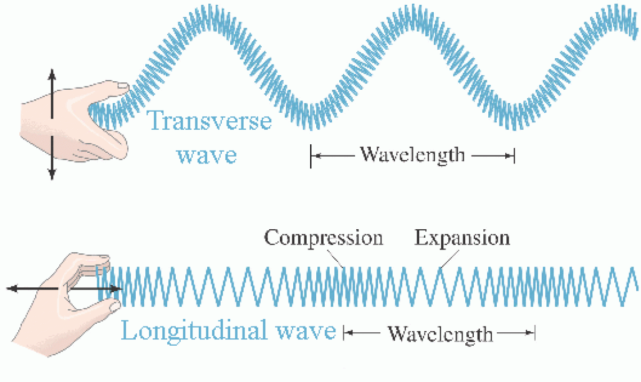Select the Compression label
coord(324,237)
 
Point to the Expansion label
coord(463,237)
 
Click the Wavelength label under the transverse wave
coord(412,155)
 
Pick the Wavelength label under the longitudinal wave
coord(440,334)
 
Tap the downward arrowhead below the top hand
coord(52,173)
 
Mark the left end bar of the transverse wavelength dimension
coord(310,156)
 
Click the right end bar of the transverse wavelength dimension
coord(514,156)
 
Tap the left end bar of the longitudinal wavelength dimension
coord(343,334)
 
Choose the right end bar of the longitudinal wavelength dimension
coord(534,334)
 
